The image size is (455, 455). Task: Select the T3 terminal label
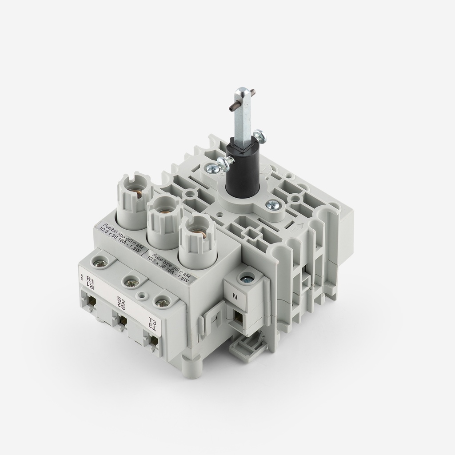152,323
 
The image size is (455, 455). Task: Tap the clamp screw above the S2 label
131,282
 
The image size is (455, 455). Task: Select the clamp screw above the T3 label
162,302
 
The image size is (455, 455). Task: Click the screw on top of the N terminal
245,279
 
